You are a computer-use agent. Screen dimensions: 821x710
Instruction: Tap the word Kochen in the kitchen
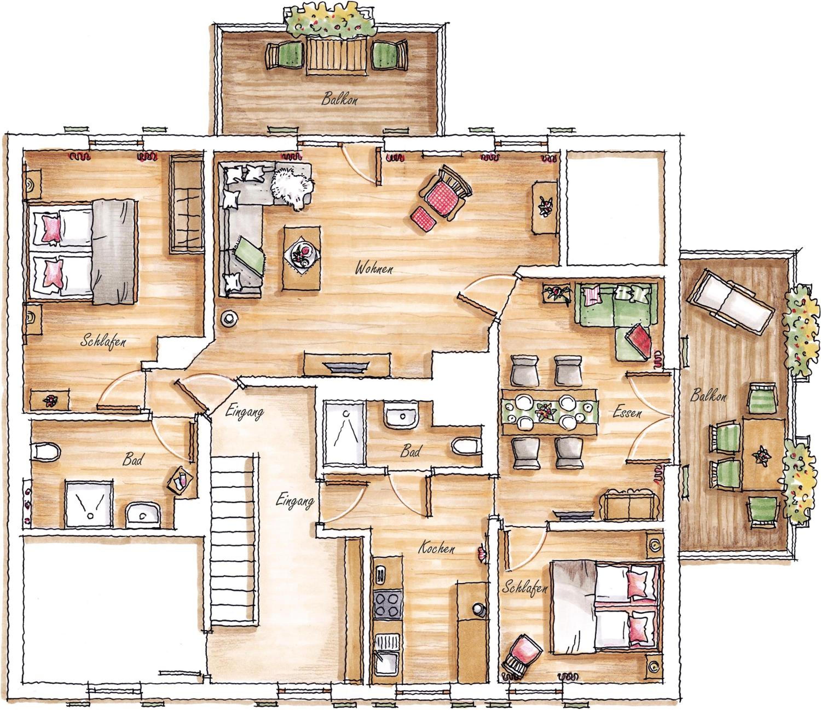436,548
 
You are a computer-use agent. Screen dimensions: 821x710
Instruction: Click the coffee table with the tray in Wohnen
302,258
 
